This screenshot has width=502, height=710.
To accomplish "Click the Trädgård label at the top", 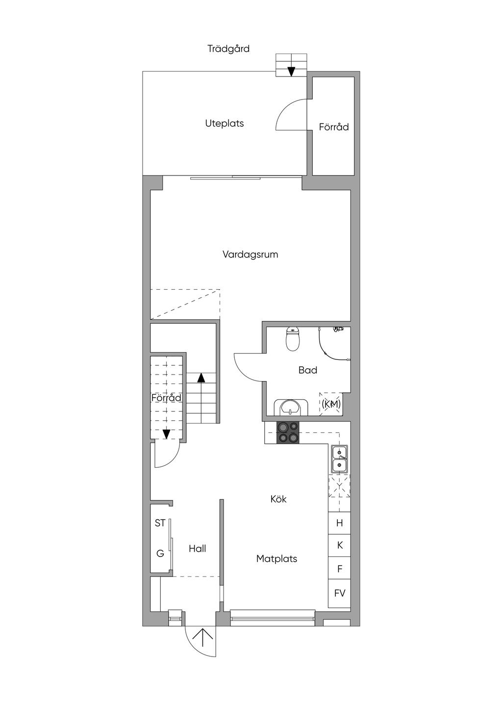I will (228, 49).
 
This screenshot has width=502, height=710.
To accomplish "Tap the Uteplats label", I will (225, 124).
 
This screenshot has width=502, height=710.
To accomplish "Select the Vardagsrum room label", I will (250, 254).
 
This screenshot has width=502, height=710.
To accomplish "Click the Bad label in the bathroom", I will (308, 370).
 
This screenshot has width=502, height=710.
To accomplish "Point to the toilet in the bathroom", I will (293, 339).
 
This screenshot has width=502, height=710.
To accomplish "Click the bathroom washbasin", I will (293, 407).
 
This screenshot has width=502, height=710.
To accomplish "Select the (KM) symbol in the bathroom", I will (331, 404).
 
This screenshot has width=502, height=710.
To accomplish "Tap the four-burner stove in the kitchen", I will (288, 433).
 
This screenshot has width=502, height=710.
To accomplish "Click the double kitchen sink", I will (339, 459).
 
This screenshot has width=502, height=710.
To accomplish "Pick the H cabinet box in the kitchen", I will (339, 523).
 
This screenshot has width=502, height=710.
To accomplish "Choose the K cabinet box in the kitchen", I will (339, 545).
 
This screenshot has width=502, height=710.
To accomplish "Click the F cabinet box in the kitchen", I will (339, 569).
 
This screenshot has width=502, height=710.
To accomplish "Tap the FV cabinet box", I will (339, 593).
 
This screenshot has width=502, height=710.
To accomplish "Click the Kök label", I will (278, 499).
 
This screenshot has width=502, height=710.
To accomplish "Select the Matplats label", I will (276, 558).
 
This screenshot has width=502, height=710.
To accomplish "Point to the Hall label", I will (197, 549).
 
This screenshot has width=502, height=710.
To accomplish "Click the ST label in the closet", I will (160, 523).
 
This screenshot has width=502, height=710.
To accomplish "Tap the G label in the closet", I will (160, 554).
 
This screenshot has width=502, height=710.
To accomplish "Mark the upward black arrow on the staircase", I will (201, 378).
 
